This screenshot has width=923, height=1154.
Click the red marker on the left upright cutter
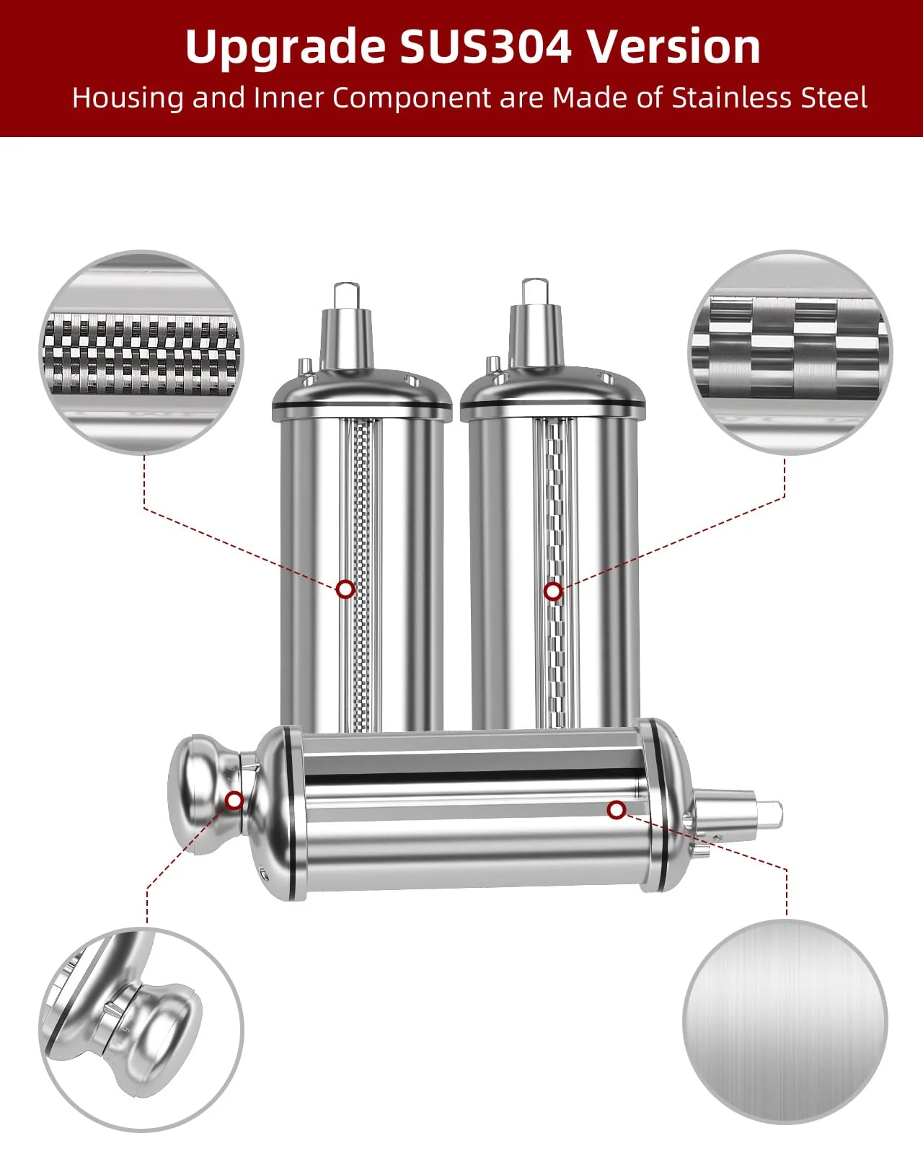coord(345,589)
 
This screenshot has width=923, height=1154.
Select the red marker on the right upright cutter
coord(552,591)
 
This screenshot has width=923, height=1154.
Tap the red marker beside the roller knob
coord(234,800)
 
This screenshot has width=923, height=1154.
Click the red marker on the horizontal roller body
coord(616,810)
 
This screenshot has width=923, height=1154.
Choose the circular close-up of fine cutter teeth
coord(141,352)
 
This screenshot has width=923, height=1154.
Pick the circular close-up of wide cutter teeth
coord(789,352)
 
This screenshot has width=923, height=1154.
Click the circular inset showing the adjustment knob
coord(141,1030)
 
